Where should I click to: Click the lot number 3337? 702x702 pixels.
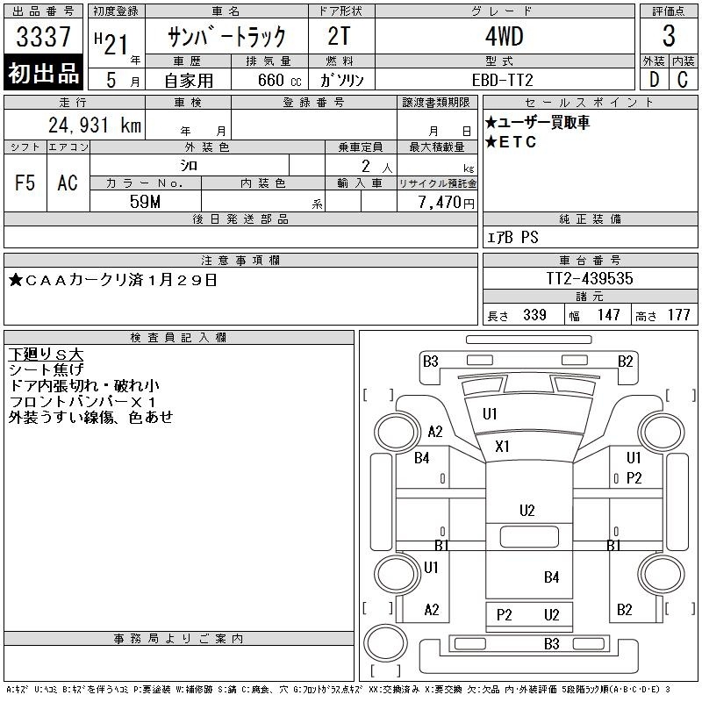[x=43, y=36]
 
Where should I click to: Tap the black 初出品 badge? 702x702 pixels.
[x=43, y=72]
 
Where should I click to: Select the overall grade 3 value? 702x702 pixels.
[x=669, y=36]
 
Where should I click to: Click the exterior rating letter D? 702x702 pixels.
[x=654, y=79]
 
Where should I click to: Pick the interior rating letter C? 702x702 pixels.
[x=683, y=79]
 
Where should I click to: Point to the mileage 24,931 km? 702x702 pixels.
[x=95, y=125]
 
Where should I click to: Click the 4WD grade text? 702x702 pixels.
[x=504, y=36]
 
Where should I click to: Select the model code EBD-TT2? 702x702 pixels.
[x=502, y=80]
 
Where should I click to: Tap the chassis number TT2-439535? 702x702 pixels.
[x=589, y=278]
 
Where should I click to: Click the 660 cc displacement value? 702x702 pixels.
[x=279, y=80]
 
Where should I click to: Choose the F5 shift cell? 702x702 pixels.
[x=25, y=183]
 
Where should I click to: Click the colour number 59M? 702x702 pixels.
[x=145, y=202]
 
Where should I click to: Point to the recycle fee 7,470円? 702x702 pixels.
[x=446, y=202]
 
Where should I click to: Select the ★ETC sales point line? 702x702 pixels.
[x=511, y=142]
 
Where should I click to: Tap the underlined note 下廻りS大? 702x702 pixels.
[x=46, y=355]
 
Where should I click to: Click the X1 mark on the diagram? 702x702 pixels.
[x=502, y=446]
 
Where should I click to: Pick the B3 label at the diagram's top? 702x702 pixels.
[x=430, y=361]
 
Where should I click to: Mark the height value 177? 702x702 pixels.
[x=678, y=315]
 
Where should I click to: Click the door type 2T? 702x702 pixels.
[x=339, y=36]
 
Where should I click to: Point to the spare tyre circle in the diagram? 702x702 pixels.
[x=385, y=641]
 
